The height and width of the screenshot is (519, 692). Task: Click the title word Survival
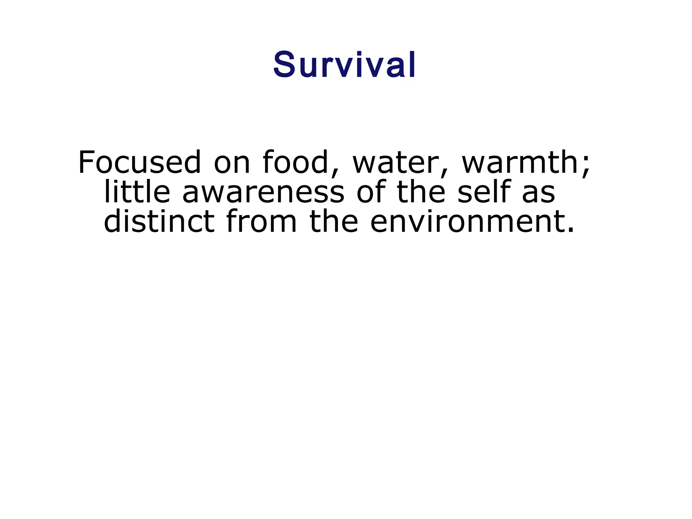click(344, 65)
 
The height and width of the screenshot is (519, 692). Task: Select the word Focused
click(139, 162)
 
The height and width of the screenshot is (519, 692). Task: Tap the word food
click(295, 162)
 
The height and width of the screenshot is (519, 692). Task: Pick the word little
click(137, 192)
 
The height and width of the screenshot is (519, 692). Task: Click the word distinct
click(159, 221)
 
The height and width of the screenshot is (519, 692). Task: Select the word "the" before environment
click(333, 221)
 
